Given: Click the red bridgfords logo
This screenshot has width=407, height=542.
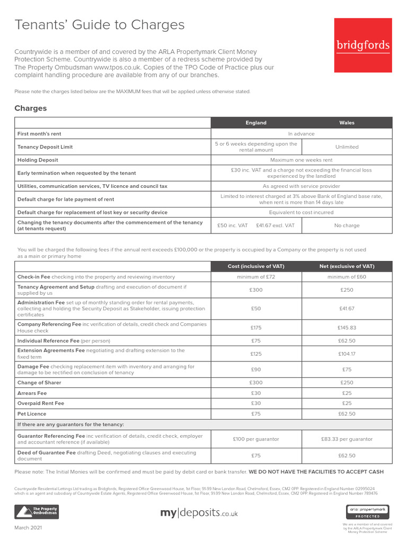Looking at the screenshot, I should point(363,46).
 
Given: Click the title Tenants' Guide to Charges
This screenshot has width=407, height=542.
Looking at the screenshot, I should point(100,25).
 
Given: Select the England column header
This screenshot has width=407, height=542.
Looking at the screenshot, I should point(256,123).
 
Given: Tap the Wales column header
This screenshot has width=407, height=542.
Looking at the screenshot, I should point(347,123).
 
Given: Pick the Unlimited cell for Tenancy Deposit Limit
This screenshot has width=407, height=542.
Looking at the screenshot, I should point(347,147).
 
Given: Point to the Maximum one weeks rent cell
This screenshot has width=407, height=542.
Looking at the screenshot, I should point(302,160).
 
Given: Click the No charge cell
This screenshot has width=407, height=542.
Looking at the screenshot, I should point(347,225).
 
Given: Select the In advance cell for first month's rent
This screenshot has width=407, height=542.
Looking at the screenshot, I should point(302,134).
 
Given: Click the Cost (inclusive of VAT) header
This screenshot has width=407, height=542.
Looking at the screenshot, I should point(256,266).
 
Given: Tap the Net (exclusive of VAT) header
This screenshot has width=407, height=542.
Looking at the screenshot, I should point(347,266).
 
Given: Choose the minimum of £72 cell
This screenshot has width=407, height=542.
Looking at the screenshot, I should point(256,277).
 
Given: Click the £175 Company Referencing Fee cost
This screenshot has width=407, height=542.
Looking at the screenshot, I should point(256,328).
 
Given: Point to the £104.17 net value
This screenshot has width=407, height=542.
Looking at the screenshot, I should point(347,354).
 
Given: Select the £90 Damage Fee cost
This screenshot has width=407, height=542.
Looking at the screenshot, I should point(256,369).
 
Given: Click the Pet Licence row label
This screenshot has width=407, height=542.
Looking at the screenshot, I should point(32,414).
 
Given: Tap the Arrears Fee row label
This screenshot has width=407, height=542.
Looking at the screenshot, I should point(32,393).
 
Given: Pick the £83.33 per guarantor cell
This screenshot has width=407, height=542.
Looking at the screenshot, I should point(347,439).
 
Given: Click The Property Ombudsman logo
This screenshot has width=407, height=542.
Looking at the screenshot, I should point(37,512).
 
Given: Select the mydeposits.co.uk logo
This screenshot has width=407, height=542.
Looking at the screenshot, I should point(199,513).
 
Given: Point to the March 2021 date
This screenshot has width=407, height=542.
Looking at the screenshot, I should point(28,528).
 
